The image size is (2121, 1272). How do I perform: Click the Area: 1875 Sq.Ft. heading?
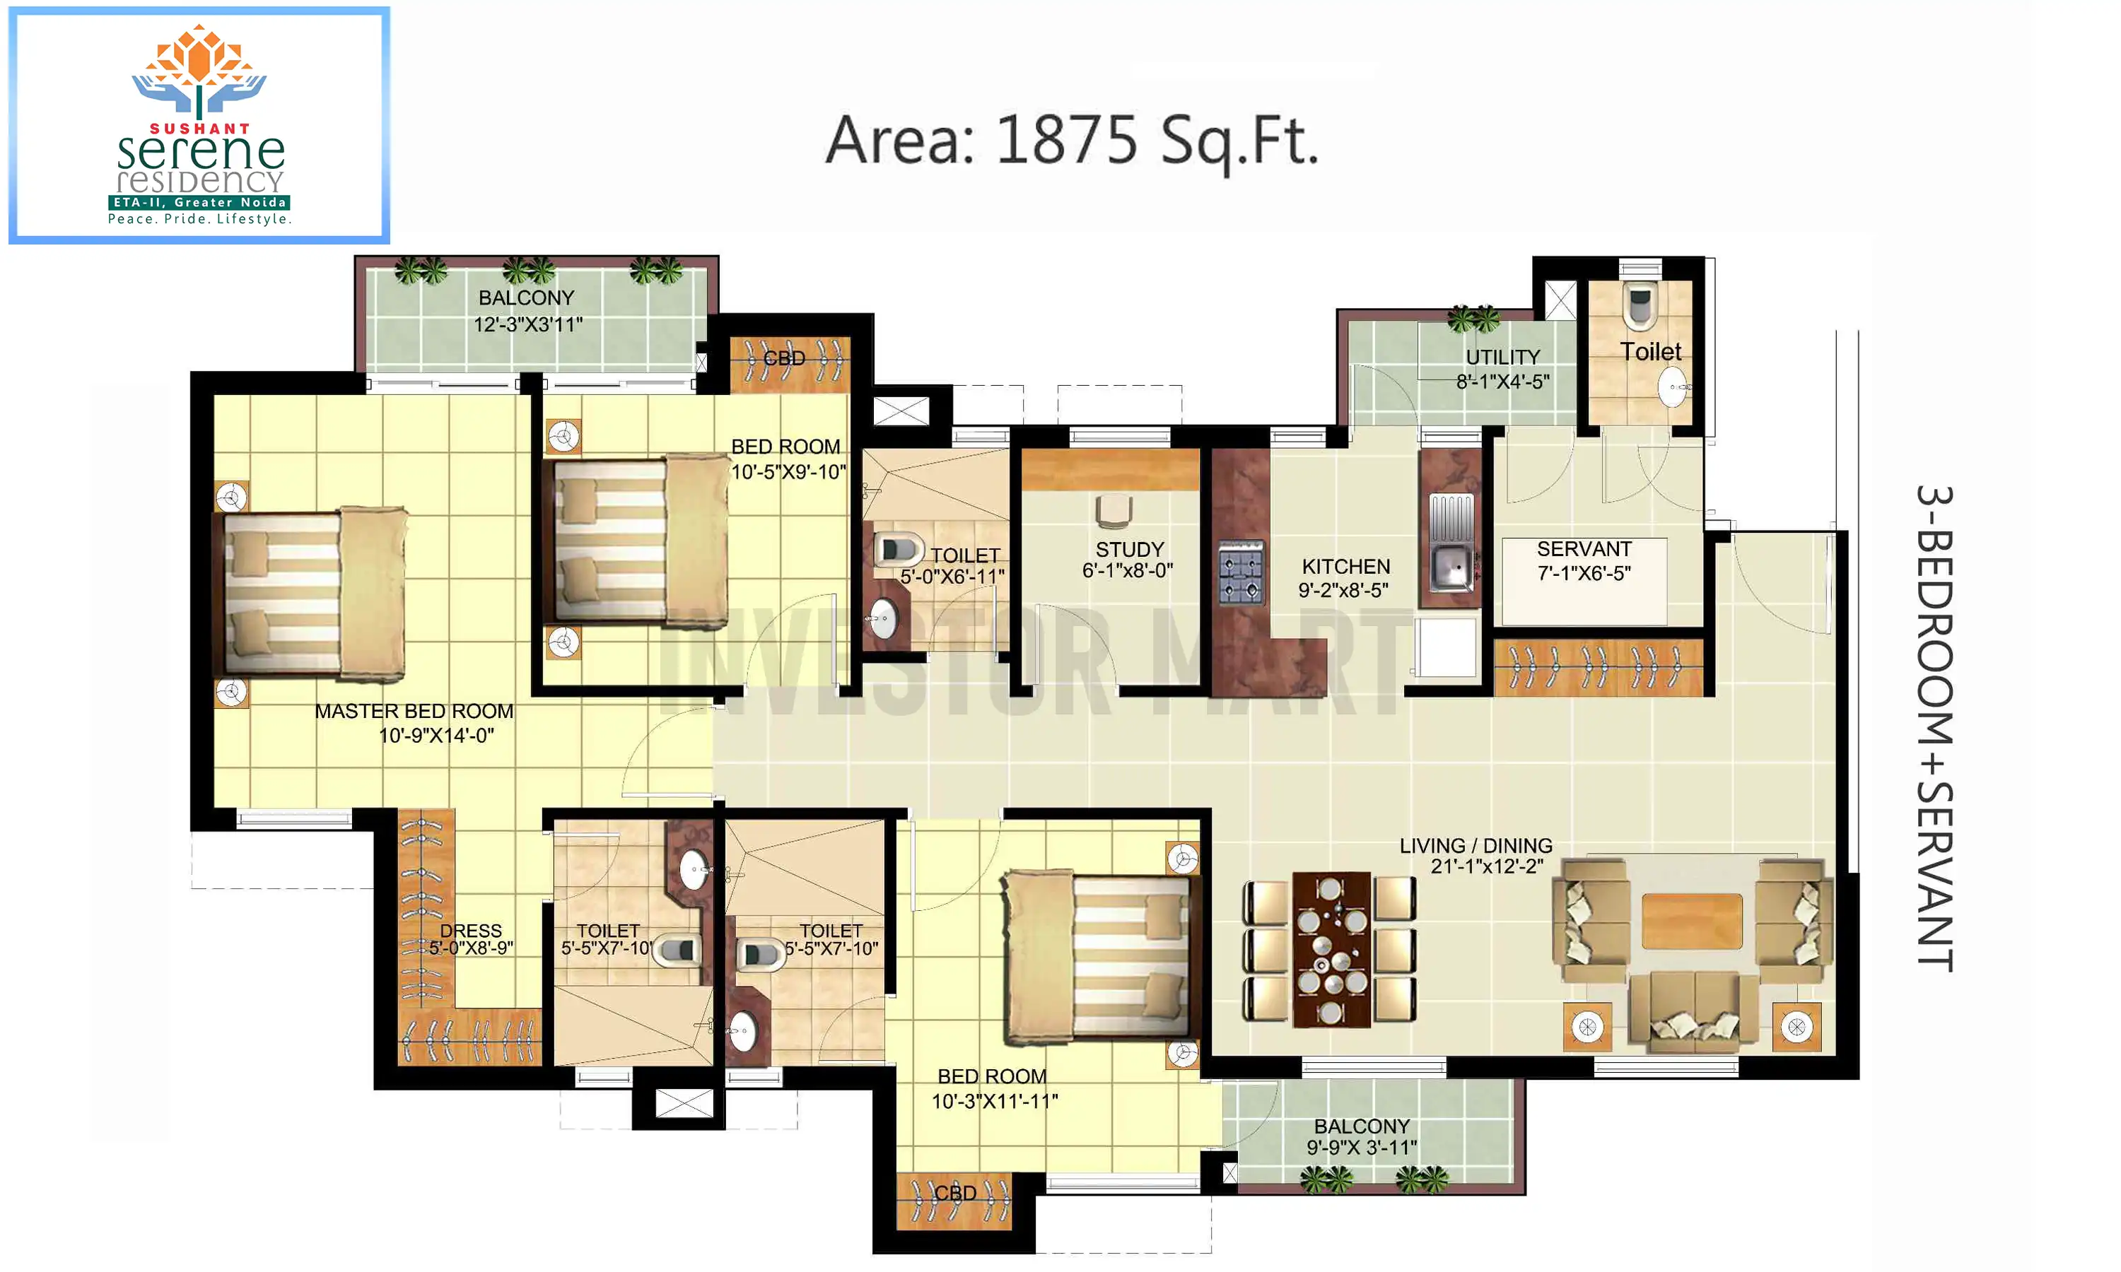(x=1072, y=141)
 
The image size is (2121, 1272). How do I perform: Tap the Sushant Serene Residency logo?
(x=199, y=125)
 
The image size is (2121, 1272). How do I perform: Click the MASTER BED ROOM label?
(x=414, y=712)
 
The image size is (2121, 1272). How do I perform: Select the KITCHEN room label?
(x=1346, y=567)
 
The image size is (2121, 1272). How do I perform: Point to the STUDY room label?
(x=1129, y=549)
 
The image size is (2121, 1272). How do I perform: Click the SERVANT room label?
(x=1584, y=548)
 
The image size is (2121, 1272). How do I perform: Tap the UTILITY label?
(x=1502, y=357)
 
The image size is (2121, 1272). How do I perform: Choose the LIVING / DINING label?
(x=1476, y=845)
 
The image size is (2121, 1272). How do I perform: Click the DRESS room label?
(x=471, y=931)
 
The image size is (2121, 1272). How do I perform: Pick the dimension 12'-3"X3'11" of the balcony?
(x=528, y=324)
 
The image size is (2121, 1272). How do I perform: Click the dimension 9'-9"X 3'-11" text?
(x=1362, y=1147)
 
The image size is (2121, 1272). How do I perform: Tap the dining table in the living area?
(x=1331, y=950)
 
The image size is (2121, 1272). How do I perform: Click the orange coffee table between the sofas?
(x=1691, y=921)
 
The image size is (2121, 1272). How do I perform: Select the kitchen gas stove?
(x=1241, y=572)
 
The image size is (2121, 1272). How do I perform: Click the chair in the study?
(x=1114, y=511)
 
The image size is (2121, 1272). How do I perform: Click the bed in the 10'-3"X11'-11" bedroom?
(x=1098, y=958)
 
